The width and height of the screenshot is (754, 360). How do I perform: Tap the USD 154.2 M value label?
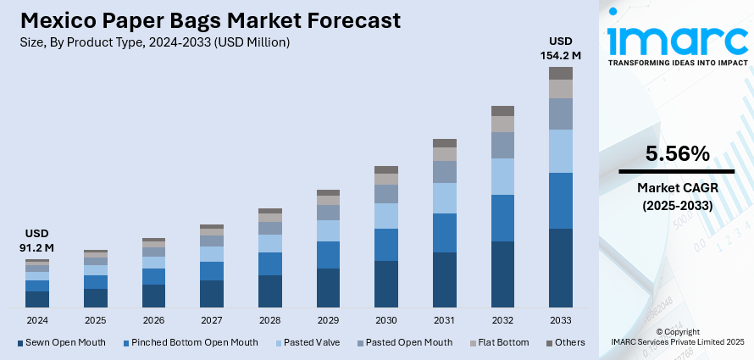560,48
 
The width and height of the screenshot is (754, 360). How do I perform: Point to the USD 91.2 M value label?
37,241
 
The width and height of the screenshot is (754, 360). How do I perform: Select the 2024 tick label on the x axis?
37,320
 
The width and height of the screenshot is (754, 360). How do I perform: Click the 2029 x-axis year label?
328,320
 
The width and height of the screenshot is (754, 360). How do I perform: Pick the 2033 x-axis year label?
560,320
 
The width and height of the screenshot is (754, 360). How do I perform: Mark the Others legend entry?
566,342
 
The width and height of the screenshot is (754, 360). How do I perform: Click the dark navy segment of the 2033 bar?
560,267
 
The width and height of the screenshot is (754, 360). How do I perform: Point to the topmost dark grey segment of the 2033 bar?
560,73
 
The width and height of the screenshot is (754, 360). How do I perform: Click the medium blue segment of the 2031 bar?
445,232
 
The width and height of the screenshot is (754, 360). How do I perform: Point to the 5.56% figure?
677,154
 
